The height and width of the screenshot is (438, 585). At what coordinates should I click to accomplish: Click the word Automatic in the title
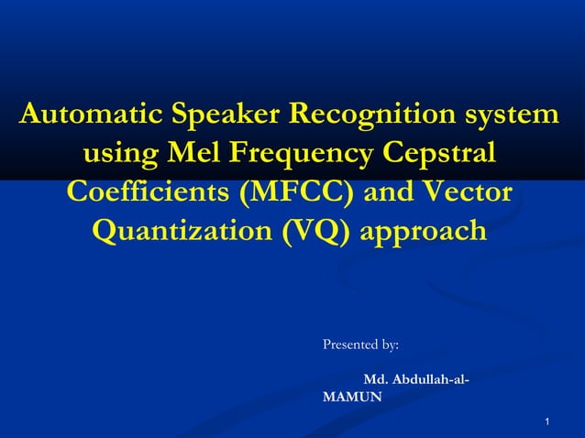(x=87, y=116)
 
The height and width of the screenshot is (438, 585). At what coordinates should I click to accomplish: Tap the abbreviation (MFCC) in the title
(x=295, y=193)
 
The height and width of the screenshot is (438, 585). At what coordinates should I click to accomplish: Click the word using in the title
(x=120, y=155)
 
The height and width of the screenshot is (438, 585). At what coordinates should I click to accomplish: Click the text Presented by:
(x=360, y=345)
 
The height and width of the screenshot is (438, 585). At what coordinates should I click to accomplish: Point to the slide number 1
(x=546, y=422)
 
